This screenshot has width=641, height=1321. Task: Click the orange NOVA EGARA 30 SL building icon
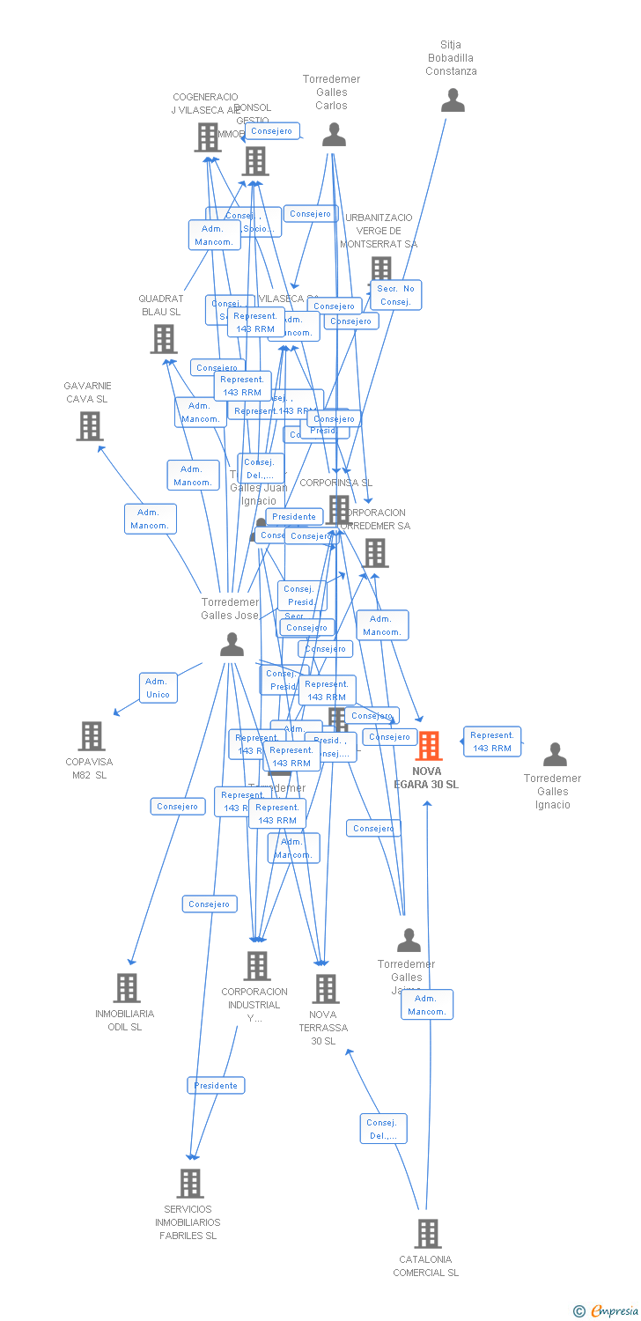pos(429,746)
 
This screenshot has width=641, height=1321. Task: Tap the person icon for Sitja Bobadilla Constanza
pos(453,100)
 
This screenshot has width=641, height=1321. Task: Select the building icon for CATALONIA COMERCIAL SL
pos(428,1234)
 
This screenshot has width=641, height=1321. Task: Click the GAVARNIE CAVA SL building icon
pos(90,426)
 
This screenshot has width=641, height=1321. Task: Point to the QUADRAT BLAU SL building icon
pos(164,339)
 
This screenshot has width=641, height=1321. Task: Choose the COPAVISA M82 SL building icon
pos(92,736)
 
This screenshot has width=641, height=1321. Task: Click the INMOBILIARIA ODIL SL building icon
pos(127,988)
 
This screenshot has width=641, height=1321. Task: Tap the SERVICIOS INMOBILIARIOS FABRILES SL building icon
pos(190,1184)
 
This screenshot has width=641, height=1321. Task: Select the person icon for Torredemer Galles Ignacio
pos(555,755)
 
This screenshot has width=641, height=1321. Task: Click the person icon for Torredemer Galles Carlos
pos(334,135)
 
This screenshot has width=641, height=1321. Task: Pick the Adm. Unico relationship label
pos(158,688)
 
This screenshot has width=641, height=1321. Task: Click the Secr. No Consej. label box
pos(395,295)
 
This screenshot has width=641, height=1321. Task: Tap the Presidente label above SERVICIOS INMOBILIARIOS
pos(216,1085)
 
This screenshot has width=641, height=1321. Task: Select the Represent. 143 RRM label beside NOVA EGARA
pos(491,742)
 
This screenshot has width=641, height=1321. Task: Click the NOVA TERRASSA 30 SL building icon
pos(326,989)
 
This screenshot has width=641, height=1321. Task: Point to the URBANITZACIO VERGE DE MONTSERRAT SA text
pos(379,231)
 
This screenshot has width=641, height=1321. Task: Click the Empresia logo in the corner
pos(607,1311)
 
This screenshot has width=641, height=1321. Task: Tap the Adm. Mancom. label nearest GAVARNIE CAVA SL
pos(150,519)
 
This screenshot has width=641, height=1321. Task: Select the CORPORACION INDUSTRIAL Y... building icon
pos(256,966)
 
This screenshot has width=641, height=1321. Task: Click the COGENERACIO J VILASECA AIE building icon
pos(208,137)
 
